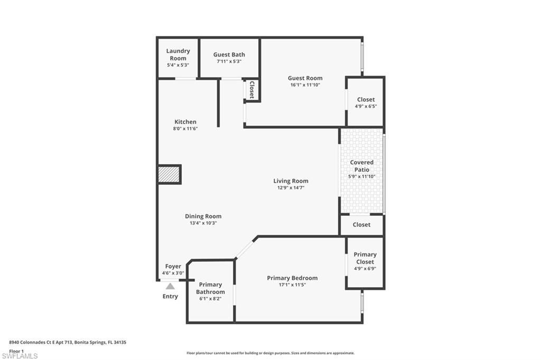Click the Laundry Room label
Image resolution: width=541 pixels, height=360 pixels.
tap(178, 54)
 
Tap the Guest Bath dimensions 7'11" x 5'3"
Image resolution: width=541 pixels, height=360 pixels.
tap(229, 62)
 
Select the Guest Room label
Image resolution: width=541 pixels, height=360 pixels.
tap(305, 78)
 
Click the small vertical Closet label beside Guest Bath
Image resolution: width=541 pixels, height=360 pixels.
tap(251, 90)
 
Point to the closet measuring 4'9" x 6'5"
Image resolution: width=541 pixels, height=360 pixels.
tap(366, 102)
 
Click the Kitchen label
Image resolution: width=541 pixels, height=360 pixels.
tap(185, 122)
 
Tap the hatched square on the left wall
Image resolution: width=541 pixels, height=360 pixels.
tap(169, 175)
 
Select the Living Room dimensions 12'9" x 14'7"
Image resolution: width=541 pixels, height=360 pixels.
tap(291, 187)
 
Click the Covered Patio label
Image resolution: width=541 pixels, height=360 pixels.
tap(361, 166)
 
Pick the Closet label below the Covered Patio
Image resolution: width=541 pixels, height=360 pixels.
tap(361, 225)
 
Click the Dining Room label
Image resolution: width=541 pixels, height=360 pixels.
tap(203, 216)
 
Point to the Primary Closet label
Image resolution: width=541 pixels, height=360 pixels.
tap(365, 258)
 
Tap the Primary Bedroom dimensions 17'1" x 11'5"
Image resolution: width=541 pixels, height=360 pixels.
tap(292, 285)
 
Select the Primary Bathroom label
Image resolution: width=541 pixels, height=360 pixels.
tap(210, 288)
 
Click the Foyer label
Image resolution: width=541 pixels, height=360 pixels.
tap(173, 267)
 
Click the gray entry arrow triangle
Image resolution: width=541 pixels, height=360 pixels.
tap(170, 286)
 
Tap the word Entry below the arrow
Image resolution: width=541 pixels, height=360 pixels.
tap(170, 296)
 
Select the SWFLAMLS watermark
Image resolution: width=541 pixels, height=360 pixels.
tap(23, 356)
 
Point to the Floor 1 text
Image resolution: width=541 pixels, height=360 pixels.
tap(16, 350)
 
